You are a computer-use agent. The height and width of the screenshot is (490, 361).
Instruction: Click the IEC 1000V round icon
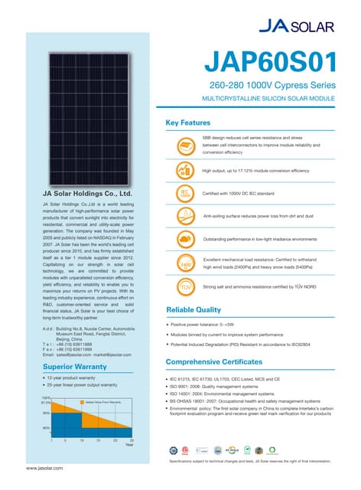tap(184, 194)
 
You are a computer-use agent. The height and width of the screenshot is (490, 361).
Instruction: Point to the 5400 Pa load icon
tap(184, 263)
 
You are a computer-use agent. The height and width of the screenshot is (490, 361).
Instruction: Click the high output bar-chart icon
tap(184, 170)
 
